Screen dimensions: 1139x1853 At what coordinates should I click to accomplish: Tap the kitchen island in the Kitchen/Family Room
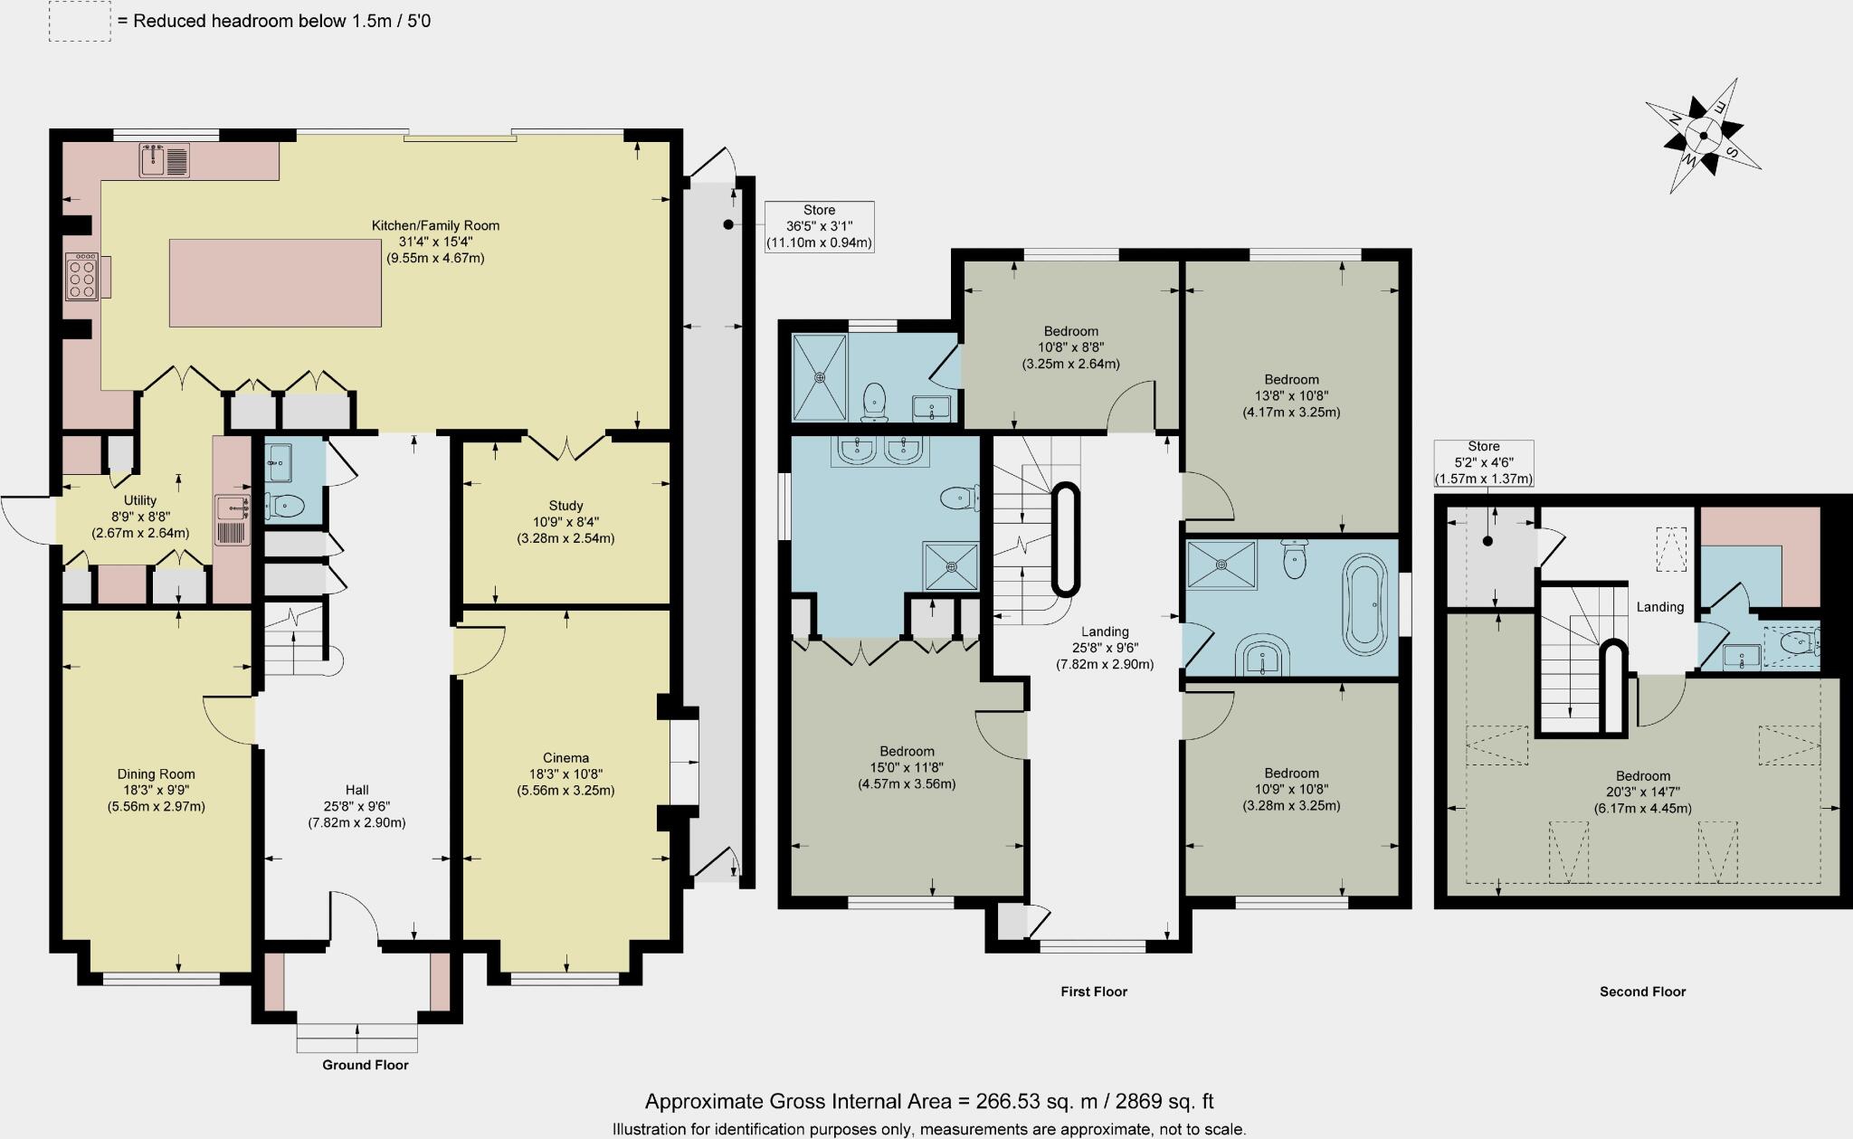pyautogui.click(x=275, y=282)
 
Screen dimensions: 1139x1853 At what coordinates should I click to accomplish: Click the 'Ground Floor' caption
pyautogui.click(x=366, y=1065)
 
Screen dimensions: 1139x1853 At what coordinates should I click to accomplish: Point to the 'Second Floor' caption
pyautogui.click(x=1642, y=992)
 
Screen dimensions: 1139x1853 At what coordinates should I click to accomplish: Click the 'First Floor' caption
pyautogui.click(x=1094, y=992)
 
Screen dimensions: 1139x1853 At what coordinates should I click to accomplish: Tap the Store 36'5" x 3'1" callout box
pyautogui.click(x=819, y=226)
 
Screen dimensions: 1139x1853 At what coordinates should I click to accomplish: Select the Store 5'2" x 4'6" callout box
pyautogui.click(x=1483, y=462)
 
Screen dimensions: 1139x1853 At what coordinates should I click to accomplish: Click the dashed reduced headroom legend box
pyautogui.click(x=80, y=21)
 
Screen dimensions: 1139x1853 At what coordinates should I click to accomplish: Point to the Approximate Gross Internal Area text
pyautogui.click(x=928, y=1101)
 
